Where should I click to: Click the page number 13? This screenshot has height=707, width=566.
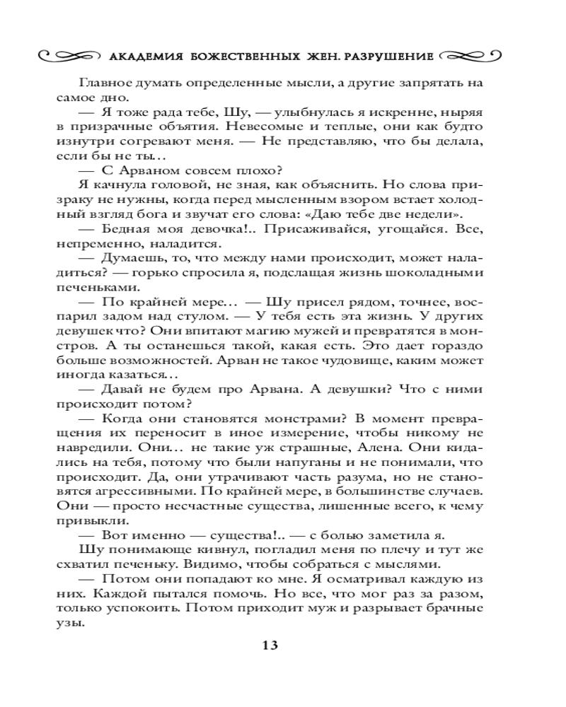(x=271, y=645)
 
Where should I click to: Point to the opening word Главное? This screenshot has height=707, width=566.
(x=105, y=83)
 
